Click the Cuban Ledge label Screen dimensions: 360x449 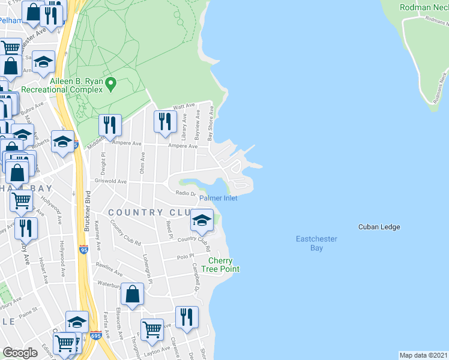tap(379, 227)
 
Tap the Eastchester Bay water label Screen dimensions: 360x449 tap(317, 243)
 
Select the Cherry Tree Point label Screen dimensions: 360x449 tap(224, 265)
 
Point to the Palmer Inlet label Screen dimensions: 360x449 tap(218, 198)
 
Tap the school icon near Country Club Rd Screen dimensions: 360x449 tap(202, 220)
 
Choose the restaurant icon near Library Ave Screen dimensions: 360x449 tap(164, 122)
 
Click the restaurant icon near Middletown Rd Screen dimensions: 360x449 tap(109, 125)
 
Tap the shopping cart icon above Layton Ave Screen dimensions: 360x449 tap(152, 329)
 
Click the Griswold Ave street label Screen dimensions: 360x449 tap(110, 181)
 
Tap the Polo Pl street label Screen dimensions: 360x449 tap(183, 256)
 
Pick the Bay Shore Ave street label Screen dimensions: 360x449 tap(211, 125)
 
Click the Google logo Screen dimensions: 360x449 tap(20, 353)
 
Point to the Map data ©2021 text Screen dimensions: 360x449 tap(423, 355)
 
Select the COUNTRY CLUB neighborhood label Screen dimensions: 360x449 tap(150, 212)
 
